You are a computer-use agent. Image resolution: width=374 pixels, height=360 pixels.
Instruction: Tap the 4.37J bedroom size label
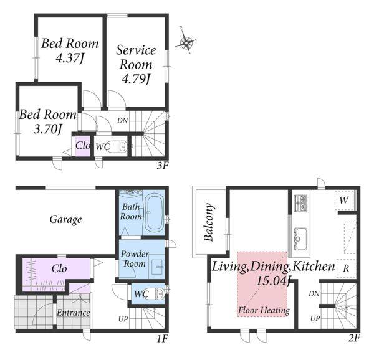tap(70, 58)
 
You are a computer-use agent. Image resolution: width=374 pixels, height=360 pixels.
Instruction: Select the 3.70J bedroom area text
tap(48, 130)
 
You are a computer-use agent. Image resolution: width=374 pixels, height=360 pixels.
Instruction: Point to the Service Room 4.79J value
tap(136, 79)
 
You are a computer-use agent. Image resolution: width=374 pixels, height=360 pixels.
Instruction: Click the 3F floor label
tap(163, 166)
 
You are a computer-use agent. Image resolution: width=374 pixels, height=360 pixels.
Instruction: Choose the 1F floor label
tap(163, 339)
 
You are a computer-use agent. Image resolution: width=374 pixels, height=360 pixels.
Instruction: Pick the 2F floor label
tap(353, 338)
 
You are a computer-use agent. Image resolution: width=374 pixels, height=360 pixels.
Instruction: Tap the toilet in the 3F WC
tap(117, 146)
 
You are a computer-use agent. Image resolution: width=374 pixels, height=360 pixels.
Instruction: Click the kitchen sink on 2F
tap(300, 239)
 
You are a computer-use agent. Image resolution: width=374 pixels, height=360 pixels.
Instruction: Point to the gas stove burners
tap(301, 203)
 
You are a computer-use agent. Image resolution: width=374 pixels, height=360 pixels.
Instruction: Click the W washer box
tap(344, 201)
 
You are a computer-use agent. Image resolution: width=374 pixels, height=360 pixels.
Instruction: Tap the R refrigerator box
tap(346, 268)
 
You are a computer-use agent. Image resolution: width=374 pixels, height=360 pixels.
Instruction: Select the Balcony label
tap(209, 222)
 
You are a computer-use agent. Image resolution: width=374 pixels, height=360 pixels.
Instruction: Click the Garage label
tap(65, 220)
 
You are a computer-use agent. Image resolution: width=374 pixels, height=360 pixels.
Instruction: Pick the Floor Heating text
tap(264, 310)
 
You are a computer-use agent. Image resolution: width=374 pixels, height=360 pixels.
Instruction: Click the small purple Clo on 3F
tap(83, 145)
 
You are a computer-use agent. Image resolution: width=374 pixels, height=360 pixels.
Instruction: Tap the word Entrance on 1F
tap(73, 313)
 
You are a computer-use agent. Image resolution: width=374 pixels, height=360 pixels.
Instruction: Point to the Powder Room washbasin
tap(156, 267)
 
